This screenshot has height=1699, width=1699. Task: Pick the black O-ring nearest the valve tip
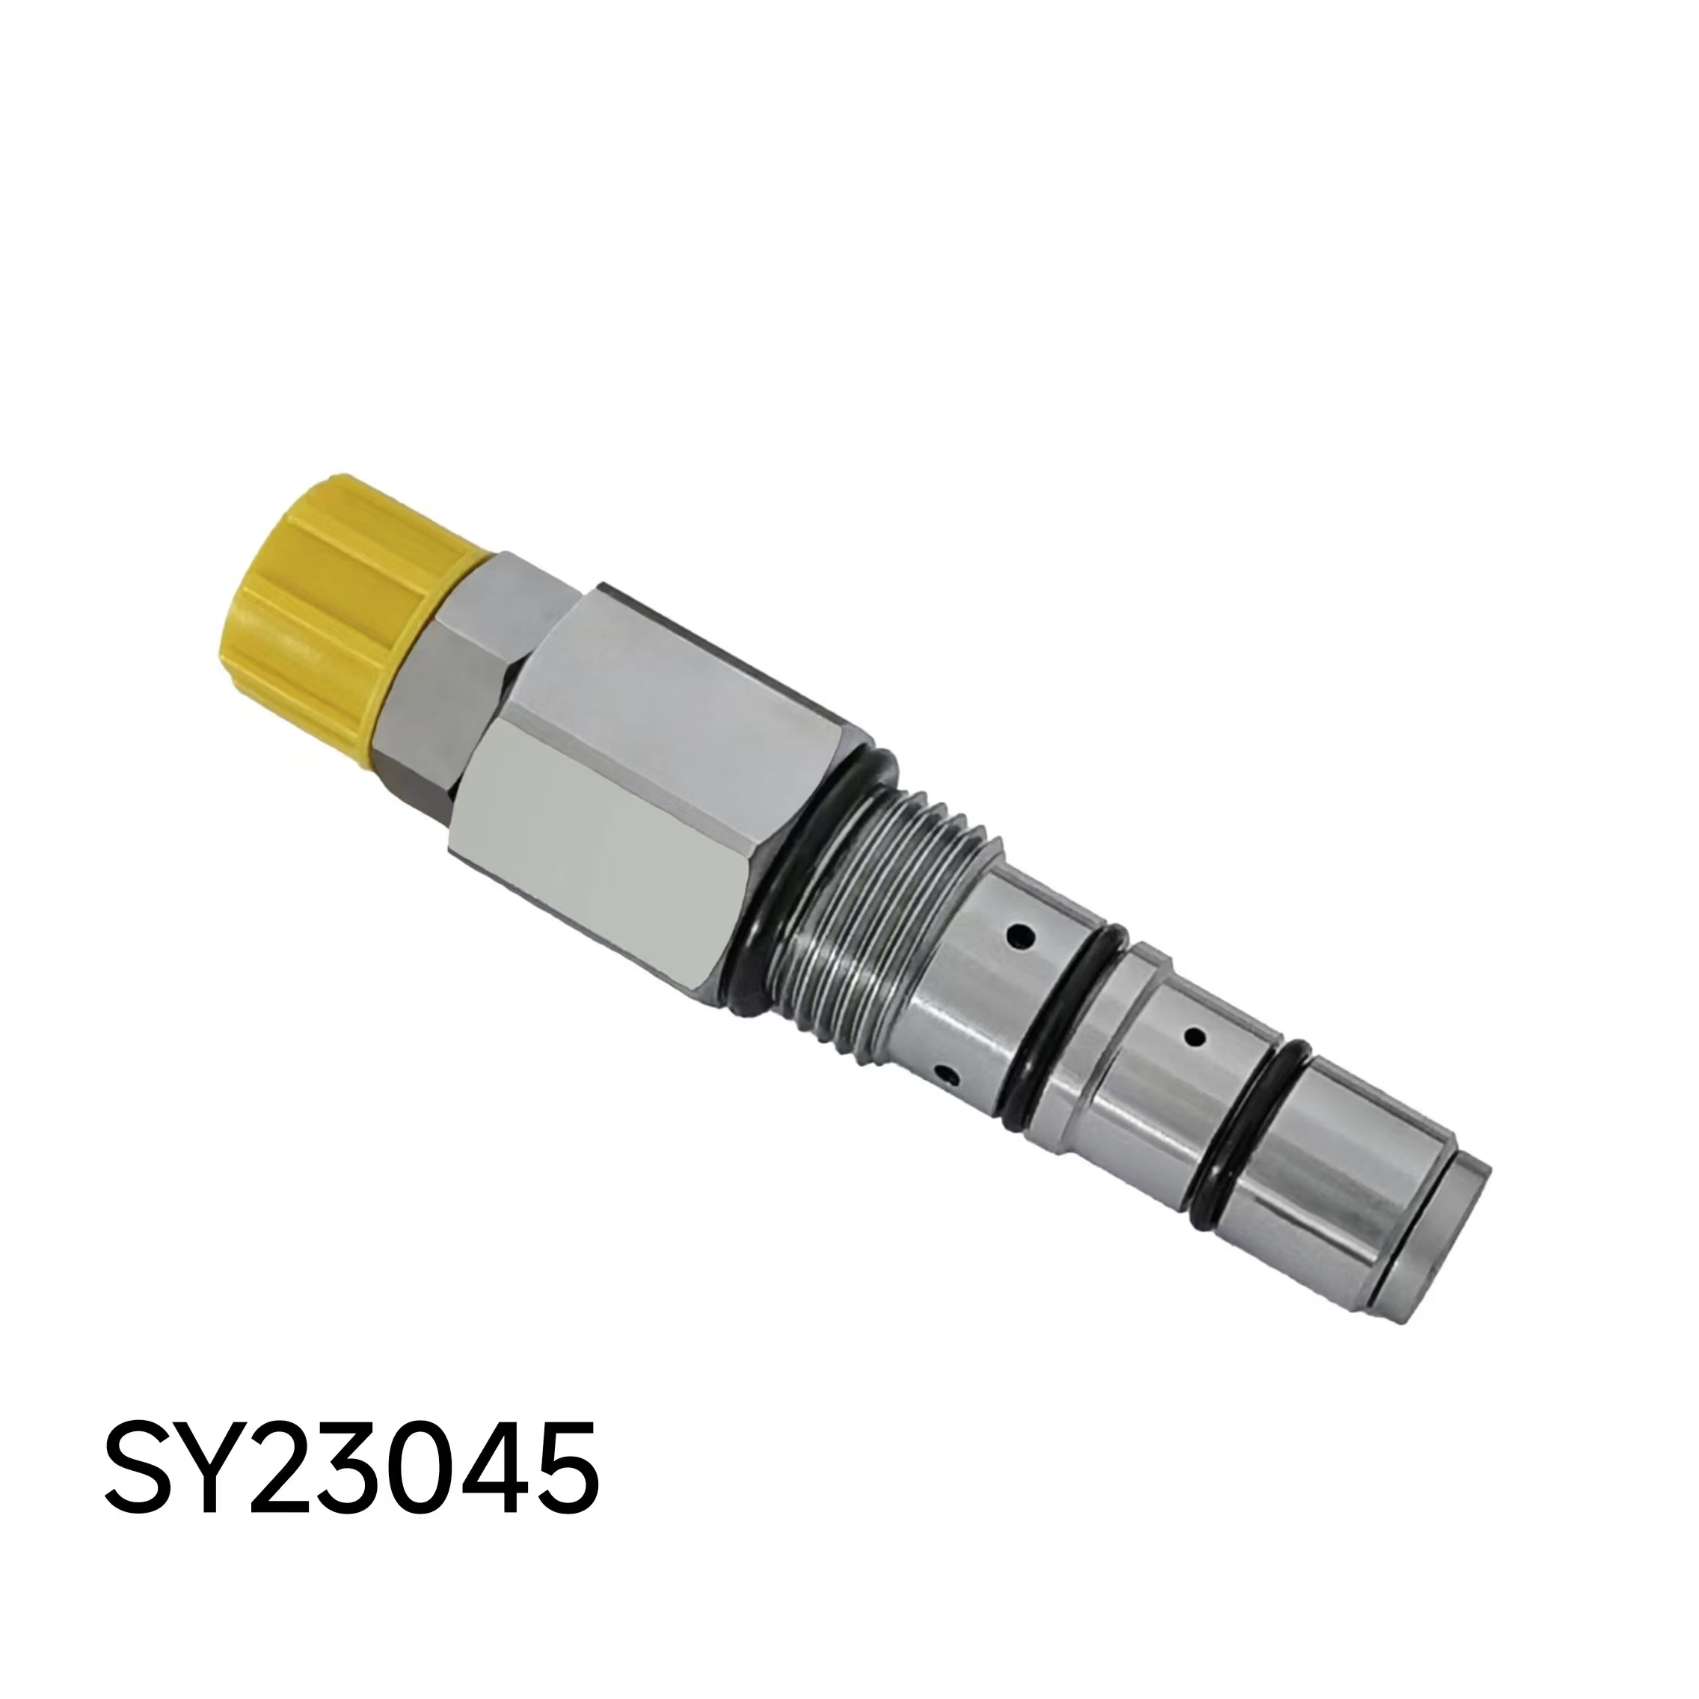[1248, 1134]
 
